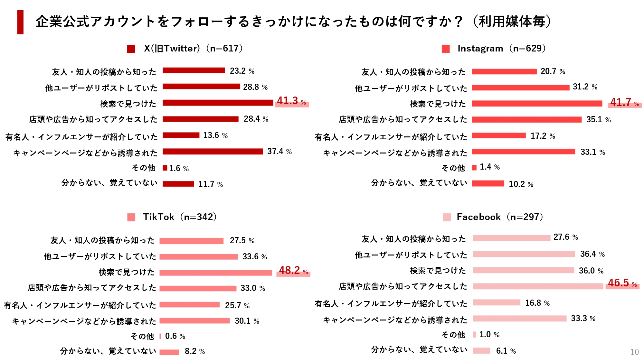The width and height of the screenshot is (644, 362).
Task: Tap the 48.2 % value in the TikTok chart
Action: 293,271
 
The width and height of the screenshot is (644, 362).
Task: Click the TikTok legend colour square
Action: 131,217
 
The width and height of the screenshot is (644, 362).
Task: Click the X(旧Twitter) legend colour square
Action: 131,49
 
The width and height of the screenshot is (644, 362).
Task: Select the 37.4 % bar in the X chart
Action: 213,151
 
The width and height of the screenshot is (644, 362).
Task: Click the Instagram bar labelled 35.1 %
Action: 527,119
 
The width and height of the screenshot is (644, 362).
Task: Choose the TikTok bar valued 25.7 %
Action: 189,304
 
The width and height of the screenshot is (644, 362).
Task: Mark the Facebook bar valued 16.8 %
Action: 497,302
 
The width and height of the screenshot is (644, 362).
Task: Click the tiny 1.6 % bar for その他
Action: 165,168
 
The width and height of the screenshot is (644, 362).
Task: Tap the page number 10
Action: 634,352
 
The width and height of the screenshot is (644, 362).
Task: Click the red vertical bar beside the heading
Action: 20,22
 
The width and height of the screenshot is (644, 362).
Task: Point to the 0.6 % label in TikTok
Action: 175,336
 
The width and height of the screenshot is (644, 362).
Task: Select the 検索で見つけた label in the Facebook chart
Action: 438,271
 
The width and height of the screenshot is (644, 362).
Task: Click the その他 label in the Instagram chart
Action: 453,168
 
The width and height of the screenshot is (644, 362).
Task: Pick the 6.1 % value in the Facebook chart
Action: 506,351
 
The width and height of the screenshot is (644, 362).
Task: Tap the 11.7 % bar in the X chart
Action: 178,184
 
